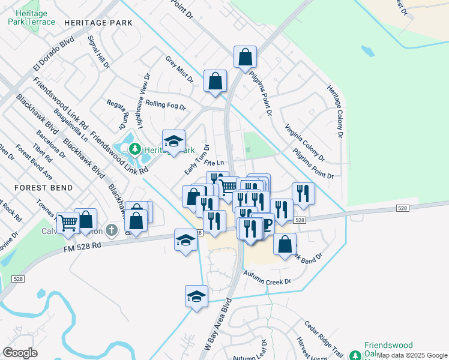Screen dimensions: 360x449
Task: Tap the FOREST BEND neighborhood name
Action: point(44,188)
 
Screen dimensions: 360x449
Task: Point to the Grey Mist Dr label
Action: point(179,69)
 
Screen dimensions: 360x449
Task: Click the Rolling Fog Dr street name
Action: point(166,106)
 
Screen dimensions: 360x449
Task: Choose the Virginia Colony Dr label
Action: point(304,143)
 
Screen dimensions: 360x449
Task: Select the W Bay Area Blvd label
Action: point(217,328)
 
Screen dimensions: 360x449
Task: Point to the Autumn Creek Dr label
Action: point(267,277)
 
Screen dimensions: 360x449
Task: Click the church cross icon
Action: point(111,230)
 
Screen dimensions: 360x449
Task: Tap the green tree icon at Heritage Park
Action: point(136,148)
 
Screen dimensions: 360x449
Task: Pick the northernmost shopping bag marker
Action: point(245,57)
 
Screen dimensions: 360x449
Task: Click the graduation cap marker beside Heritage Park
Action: point(173,140)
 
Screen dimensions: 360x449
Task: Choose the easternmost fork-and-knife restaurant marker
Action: point(303,193)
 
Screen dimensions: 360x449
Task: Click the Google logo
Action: point(20,353)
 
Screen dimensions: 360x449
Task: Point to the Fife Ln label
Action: point(214,163)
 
